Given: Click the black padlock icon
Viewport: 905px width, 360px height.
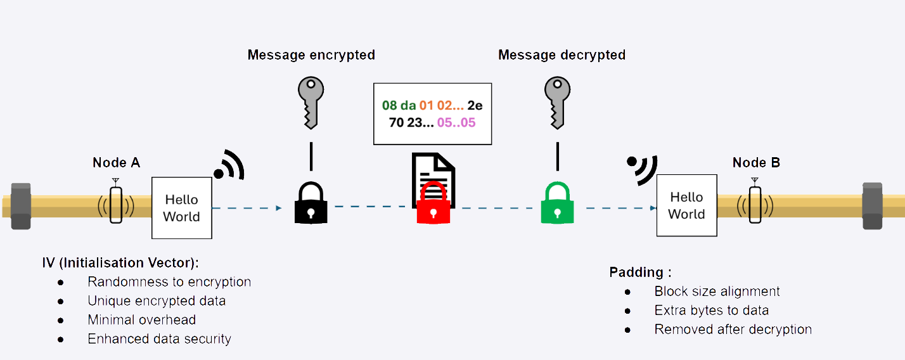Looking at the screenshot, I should tap(311, 202).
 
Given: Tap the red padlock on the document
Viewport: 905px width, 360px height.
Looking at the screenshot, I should tap(433, 203).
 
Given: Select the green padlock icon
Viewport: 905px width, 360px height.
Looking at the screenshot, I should tap(557, 202).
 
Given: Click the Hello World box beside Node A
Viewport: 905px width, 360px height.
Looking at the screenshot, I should tap(181, 208).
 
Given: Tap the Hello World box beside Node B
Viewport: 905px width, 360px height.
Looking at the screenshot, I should tap(686, 205).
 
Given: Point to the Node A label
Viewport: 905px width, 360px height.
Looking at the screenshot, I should tap(116, 163).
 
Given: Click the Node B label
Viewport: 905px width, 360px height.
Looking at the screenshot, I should tap(756, 163).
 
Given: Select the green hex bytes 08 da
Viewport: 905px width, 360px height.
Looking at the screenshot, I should tap(399, 105).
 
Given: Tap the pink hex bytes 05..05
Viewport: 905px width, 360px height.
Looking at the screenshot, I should tap(456, 122).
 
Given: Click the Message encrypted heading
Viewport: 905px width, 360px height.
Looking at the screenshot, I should tap(311, 55).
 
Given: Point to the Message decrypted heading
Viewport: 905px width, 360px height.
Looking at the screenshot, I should tap(562, 55).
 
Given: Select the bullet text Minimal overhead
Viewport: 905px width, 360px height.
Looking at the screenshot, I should tap(141, 320).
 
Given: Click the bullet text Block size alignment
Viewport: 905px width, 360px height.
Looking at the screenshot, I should tap(717, 292).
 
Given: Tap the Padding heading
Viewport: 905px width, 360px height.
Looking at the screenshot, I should tap(640, 273).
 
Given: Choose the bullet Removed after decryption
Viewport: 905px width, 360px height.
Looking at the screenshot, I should tap(733, 330).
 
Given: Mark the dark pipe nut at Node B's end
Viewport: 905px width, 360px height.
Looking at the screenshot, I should tap(872, 205).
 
